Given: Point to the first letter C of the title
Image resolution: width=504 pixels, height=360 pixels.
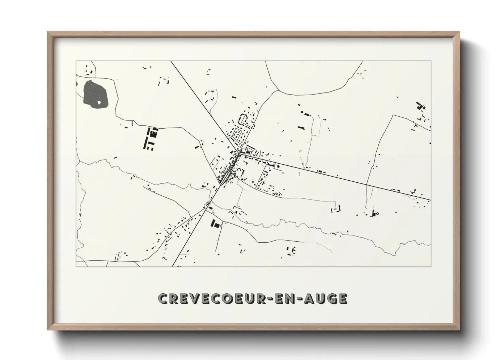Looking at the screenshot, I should (162, 298).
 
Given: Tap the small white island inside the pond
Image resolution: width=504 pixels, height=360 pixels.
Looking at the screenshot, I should (99, 102).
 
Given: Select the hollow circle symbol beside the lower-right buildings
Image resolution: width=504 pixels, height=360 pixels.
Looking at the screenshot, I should (377, 214).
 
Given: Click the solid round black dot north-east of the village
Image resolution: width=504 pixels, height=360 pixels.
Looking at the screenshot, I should (302, 112).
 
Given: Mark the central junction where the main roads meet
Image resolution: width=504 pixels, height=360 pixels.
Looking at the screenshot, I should (239, 154).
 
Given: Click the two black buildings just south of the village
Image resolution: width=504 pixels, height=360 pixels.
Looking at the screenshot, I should (215, 224).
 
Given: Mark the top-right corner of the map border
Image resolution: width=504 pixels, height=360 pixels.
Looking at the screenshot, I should (431, 61).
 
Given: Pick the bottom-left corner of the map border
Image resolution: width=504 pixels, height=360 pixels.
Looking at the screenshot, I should (76, 266).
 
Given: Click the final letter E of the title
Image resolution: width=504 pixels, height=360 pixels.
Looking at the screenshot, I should (343, 298).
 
